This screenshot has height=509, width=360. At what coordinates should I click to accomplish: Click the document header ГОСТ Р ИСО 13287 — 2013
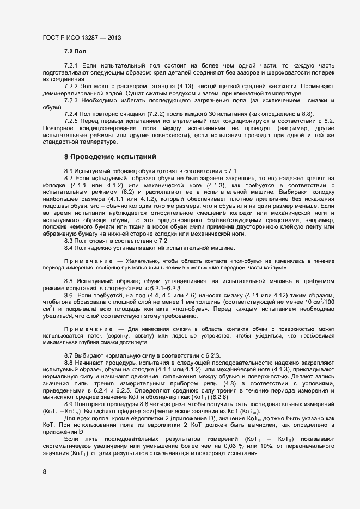click(82, 38)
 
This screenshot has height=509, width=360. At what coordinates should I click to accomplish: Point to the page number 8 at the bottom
click(44, 471)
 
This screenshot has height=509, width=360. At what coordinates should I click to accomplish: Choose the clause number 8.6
click(69, 295)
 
